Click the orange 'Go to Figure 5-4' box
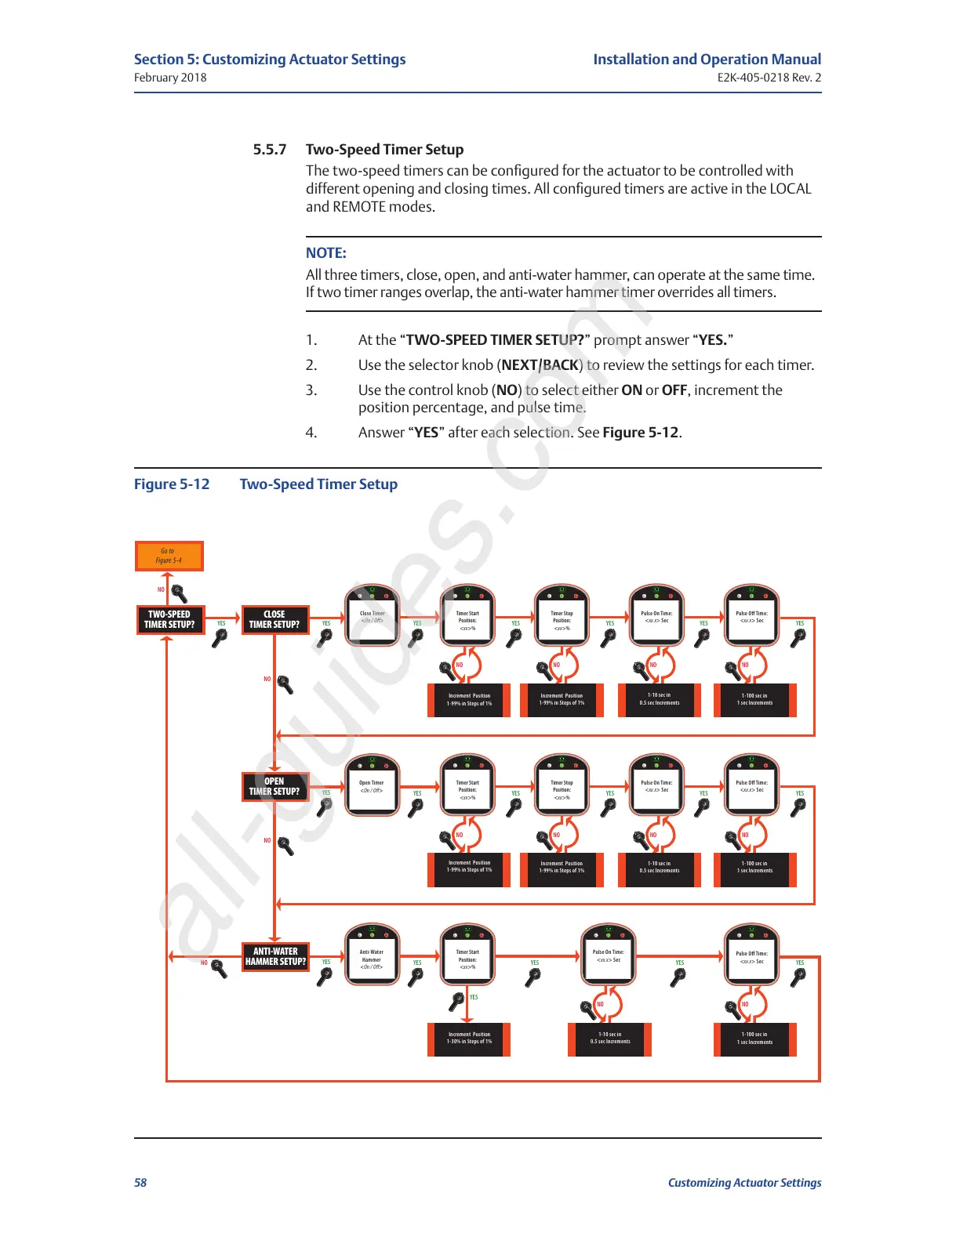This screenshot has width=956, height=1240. pos(169,556)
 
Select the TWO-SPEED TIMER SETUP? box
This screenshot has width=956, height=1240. pos(169,619)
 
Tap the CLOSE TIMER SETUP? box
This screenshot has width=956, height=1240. pos(274,619)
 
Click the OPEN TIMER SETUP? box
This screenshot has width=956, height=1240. pos(274,786)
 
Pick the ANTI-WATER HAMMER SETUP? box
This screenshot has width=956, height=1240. pos(275,956)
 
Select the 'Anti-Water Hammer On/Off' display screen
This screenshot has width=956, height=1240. pos(372,958)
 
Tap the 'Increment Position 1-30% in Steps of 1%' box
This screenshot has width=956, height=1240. pos(469,1039)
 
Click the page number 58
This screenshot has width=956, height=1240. pos(140,1183)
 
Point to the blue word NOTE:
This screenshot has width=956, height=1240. pos(326,253)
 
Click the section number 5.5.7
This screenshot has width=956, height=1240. pos(270,150)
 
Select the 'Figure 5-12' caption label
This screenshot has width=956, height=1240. pos(172,484)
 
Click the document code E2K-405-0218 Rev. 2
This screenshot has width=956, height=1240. pos(769,78)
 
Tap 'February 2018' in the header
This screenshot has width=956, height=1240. pos(170,78)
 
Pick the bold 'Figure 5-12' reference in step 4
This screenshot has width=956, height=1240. pos(640,433)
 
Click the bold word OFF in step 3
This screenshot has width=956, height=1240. pos(674,390)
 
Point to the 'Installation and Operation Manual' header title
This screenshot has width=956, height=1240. pos(707,60)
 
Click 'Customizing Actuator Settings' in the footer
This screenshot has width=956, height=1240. pos(744,1183)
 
